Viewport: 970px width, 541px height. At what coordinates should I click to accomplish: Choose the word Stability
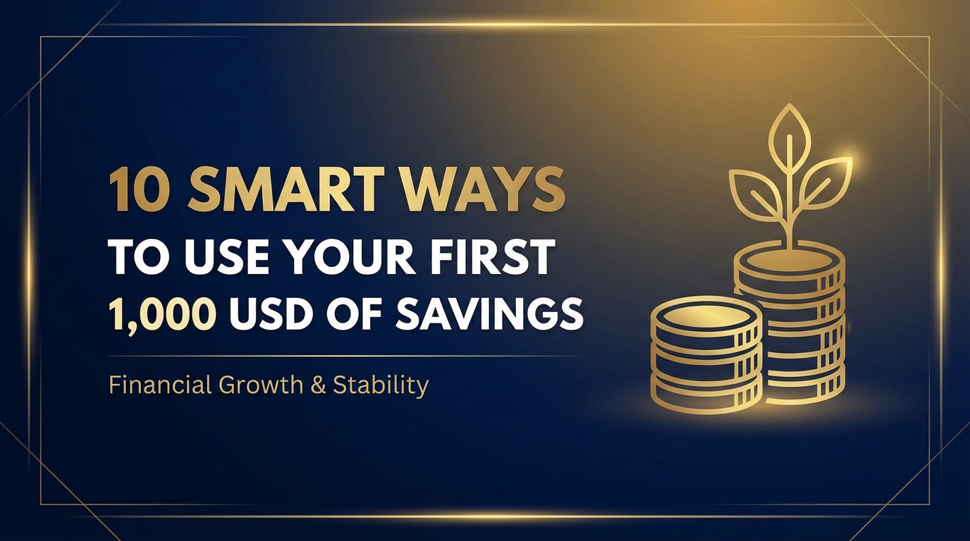point(381,386)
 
